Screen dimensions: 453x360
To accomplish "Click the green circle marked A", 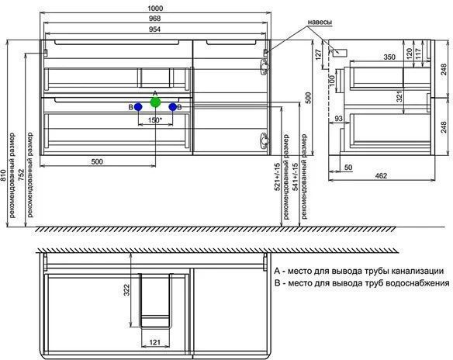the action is click(x=155, y=102).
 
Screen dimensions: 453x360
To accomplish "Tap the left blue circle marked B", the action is click(x=138, y=107).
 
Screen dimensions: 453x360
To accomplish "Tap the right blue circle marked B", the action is click(x=173, y=107).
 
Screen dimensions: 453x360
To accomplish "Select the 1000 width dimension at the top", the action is click(x=155, y=8).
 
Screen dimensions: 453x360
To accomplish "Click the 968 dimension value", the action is click(x=155, y=19).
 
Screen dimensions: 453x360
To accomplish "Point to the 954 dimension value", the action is click(x=155, y=29).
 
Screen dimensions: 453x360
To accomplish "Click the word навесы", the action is click(x=320, y=22).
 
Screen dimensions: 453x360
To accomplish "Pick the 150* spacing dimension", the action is click(x=155, y=120).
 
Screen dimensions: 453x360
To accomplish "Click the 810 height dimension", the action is click(x=3, y=175).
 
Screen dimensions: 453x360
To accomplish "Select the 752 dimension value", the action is click(x=22, y=175).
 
